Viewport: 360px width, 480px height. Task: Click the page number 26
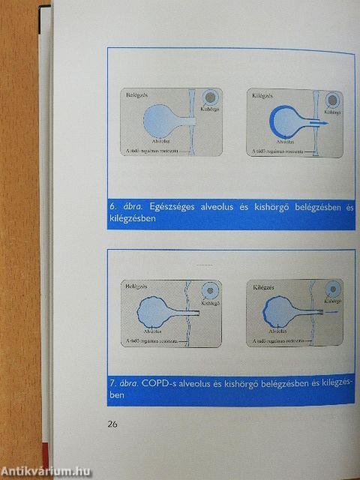112,424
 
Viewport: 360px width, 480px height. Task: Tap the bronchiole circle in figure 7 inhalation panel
214,290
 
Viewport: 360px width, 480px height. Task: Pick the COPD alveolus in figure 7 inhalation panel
154,309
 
